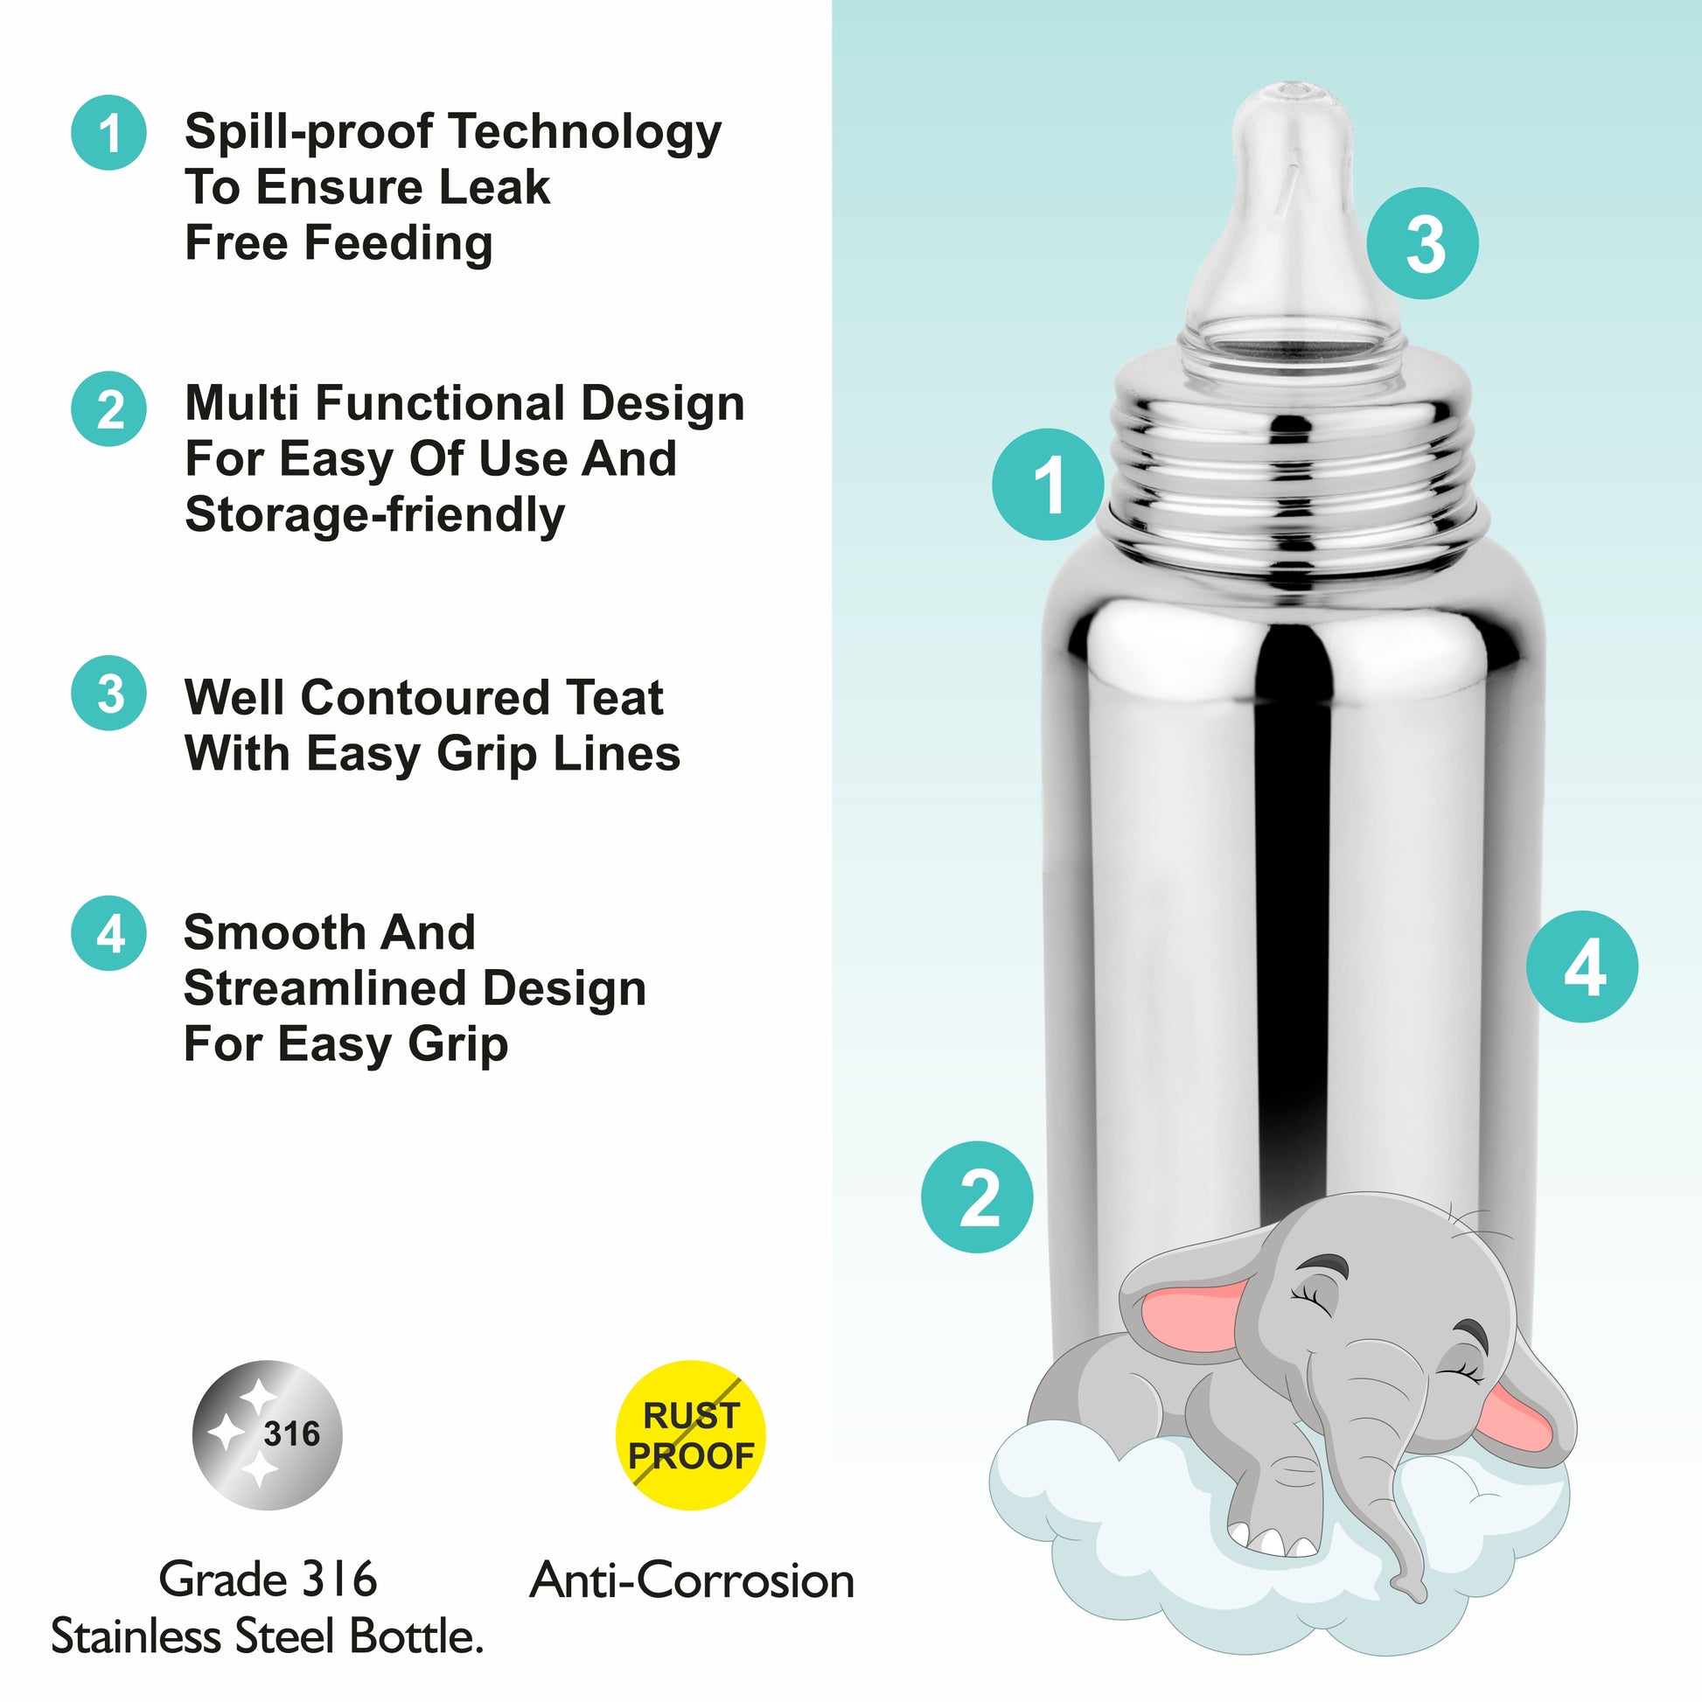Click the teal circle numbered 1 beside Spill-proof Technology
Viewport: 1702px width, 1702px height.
108,133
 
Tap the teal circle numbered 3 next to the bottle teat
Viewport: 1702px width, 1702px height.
1422,243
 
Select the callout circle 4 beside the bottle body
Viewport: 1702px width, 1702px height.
1581,966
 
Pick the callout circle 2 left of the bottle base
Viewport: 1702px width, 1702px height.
977,1197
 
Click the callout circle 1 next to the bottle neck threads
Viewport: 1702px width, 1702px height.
1048,485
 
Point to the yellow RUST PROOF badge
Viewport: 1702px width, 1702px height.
690,1435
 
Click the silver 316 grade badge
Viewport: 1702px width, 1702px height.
267,1435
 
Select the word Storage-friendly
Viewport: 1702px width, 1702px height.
374,514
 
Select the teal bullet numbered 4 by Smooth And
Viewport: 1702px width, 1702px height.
108,934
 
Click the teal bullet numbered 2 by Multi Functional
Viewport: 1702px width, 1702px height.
108,409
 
